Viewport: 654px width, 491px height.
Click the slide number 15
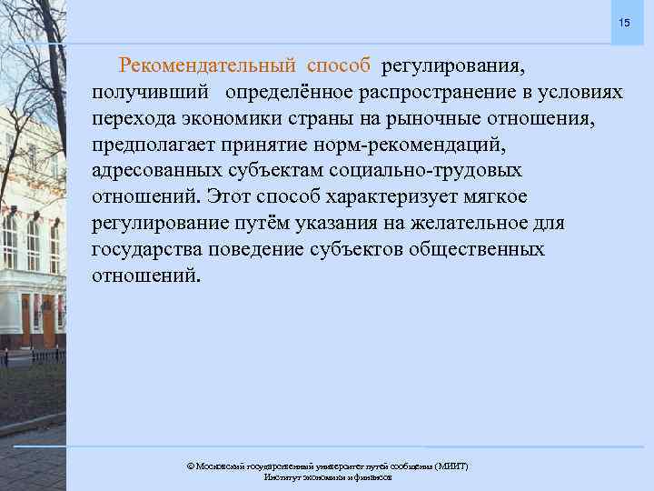[624, 23]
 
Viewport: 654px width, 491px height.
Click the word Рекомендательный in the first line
[208, 65]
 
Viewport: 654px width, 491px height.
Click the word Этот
[229, 196]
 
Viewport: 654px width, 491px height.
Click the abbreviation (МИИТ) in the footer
[451, 466]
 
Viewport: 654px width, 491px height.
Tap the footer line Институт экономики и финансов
[327, 477]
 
